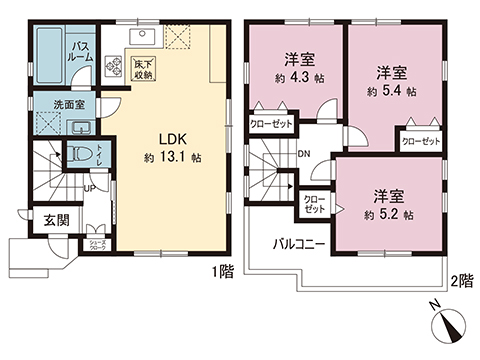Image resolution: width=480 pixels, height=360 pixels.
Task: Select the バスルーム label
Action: tap(80, 51)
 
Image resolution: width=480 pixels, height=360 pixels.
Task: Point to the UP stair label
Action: tap(90, 187)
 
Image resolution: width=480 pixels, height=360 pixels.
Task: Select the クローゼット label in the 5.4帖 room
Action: tap(421, 142)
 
